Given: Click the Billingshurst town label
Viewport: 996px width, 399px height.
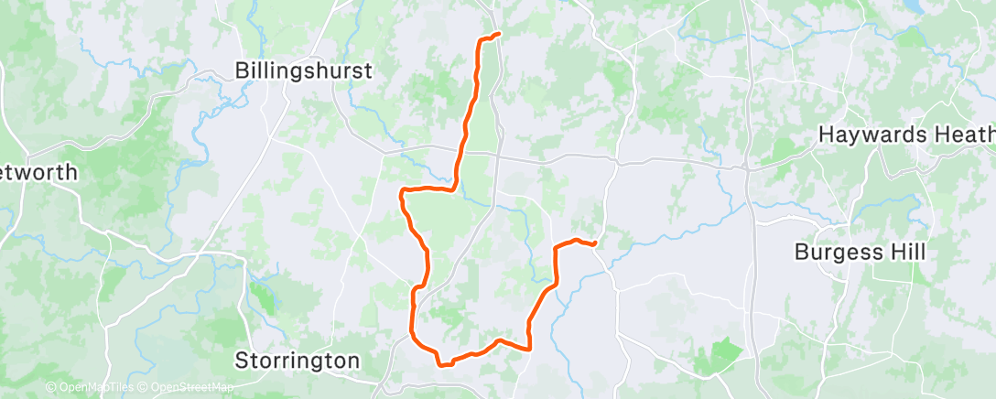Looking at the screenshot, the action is tap(303, 70).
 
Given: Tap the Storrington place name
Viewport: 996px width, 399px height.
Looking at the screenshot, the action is tap(298, 361).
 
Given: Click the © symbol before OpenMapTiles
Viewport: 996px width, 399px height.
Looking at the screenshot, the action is tap(50, 388).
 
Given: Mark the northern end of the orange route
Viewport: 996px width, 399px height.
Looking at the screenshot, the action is tap(499, 34).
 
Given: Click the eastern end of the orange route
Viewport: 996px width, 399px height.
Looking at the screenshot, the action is tap(595, 243).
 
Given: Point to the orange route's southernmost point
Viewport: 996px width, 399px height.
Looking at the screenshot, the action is tap(445, 364).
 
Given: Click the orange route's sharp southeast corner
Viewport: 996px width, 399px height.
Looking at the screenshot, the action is tap(530, 348).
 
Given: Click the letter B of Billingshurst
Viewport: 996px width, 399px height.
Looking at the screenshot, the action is tap(242, 70).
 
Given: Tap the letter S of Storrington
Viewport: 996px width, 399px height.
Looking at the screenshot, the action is tap(242, 361).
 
